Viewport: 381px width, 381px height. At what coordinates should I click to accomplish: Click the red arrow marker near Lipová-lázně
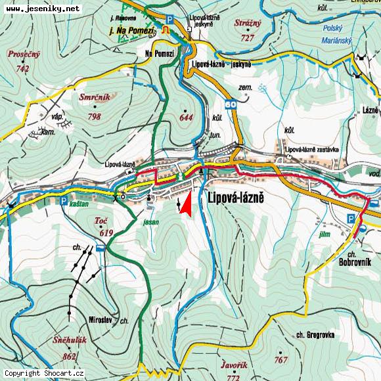tap(186, 204)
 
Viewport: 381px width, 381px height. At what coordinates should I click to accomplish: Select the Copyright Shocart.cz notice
tap(43, 373)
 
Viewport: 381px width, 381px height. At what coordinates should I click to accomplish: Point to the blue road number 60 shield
tap(231, 104)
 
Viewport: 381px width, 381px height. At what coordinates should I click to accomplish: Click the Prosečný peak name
tap(24, 55)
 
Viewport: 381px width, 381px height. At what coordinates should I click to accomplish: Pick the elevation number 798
tap(93, 116)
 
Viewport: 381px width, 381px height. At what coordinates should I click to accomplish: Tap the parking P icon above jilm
tap(351, 218)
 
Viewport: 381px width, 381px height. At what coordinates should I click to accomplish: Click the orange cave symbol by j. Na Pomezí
tap(166, 30)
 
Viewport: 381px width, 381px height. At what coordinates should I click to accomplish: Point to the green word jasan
tap(150, 223)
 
